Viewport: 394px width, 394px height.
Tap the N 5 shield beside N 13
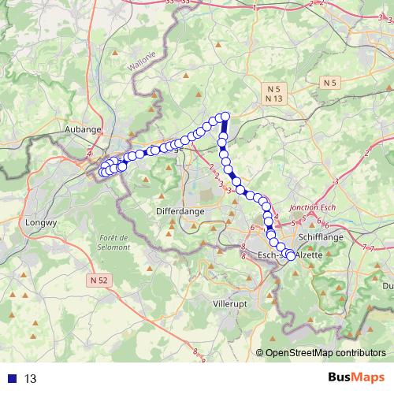[274, 89]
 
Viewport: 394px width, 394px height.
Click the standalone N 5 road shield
[331, 82]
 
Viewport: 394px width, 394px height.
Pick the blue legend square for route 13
[12, 379]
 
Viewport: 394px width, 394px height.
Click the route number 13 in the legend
[31, 379]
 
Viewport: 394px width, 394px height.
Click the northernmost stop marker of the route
[225, 117]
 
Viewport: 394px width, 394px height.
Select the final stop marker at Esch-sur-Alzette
[291, 256]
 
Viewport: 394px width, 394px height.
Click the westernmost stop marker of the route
[102, 173]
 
